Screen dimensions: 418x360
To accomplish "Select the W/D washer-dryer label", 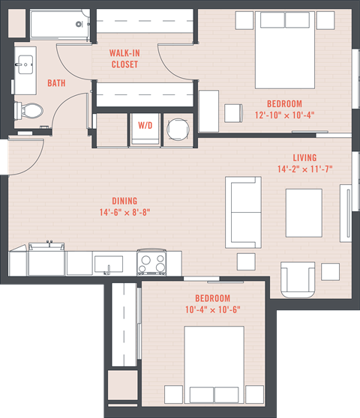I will [x=142, y=125].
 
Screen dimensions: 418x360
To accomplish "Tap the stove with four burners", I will [x=151, y=263].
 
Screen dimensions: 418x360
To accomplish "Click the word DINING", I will [x=124, y=201].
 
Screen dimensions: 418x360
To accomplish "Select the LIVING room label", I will [x=304, y=158].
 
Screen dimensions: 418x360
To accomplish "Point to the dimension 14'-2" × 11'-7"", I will [x=304, y=169].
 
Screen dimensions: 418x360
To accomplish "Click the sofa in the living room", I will [x=244, y=212].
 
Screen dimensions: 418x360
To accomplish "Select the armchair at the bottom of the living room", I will [x=297, y=279].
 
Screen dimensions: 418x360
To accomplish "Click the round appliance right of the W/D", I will [x=178, y=129].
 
